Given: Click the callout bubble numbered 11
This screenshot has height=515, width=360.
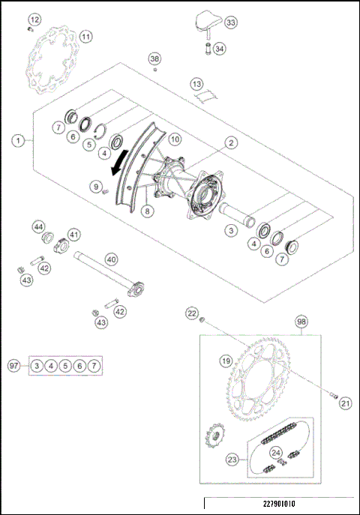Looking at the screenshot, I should click(85, 35).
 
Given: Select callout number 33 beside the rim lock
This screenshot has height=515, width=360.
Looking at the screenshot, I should click(231, 23).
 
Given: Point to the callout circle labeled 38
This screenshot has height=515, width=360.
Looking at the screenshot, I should click(154, 58).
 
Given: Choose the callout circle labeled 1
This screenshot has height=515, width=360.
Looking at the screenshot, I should click(18, 139).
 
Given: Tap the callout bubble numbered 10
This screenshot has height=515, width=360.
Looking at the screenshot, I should click(173, 139).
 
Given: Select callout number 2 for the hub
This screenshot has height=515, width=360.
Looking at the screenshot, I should click(232, 142).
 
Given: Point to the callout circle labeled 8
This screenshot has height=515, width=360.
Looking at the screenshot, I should click(148, 211).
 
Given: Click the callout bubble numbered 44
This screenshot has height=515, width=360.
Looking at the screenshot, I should click(38, 226).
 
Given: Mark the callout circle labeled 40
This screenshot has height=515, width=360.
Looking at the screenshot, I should click(111, 259).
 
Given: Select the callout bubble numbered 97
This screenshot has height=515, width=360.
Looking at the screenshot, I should click(13, 365).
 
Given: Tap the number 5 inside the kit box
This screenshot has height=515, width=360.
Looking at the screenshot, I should click(65, 365).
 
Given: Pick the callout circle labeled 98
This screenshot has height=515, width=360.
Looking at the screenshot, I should click(301, 322).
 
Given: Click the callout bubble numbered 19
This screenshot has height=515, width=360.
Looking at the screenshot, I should click(225, 361).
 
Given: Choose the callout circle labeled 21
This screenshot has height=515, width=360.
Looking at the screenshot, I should click(345, 404).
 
